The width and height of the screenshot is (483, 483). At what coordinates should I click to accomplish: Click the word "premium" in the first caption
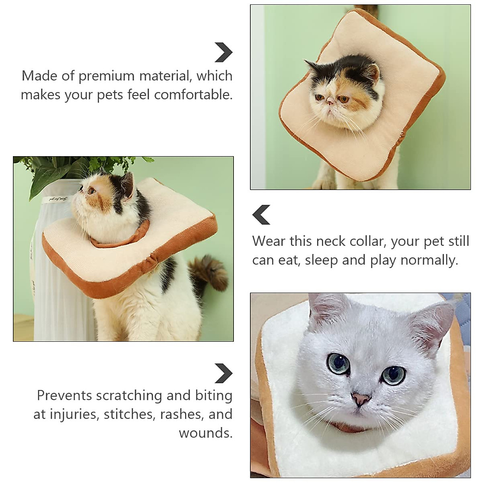106,76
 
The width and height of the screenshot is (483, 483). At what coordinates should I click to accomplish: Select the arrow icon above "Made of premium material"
223,52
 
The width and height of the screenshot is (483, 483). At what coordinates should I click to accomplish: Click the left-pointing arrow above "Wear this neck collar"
261,215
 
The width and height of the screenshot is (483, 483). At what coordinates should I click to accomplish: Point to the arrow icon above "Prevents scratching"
223,373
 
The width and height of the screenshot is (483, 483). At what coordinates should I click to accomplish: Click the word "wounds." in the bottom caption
206,433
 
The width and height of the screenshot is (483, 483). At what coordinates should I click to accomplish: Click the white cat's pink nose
361,399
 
